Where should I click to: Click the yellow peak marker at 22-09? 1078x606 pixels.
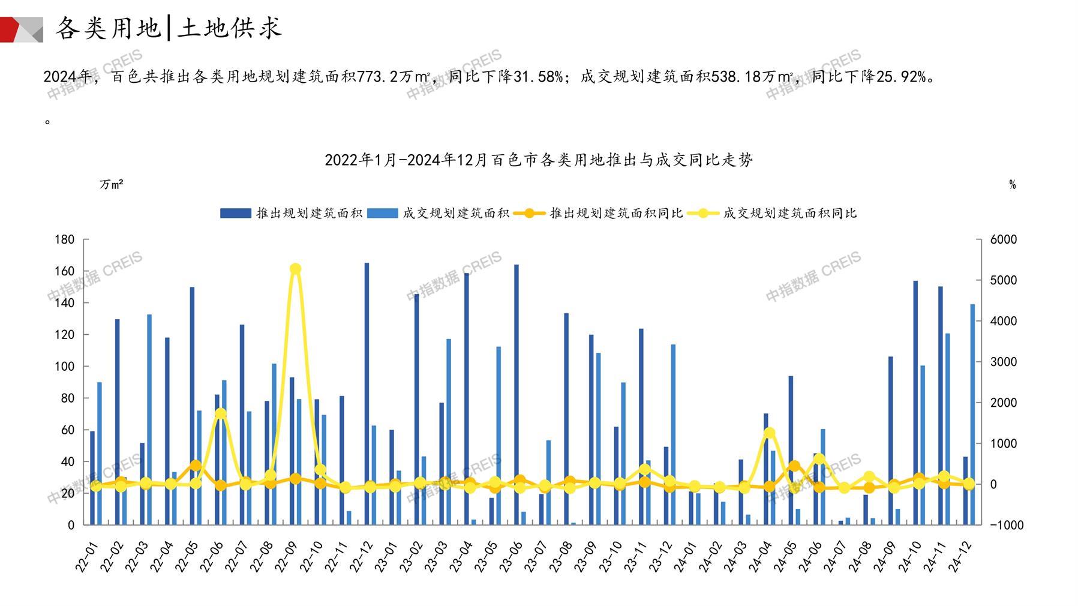click(x=295, y=269)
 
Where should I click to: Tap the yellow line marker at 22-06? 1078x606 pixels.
click(x=220, y=413)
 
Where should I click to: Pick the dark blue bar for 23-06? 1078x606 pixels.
click(x=516, y=394)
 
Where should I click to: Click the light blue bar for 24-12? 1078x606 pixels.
click(x=972, y=414)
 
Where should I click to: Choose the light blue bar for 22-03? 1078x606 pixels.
click(x=149, y=419)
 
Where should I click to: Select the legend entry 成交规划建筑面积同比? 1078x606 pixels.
click(x=789, y=213)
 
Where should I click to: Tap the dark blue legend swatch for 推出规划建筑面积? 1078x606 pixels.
click(x=235, y=213)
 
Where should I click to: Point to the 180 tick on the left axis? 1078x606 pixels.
click(x=64, y=239)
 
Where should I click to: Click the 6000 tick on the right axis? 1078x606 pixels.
click(x=1004, y=239)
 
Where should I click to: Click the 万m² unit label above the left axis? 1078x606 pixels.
click(x=112, y=184)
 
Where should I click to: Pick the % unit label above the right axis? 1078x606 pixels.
click(x=1012, y=185)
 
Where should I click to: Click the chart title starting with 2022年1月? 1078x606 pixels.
click(x=538, y=160)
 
